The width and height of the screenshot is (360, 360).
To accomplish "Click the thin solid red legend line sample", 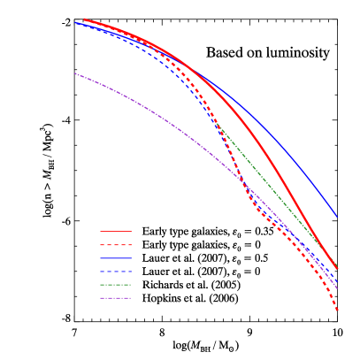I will (x=116, y=231).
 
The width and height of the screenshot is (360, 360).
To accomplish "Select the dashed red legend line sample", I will (x=116, y=245).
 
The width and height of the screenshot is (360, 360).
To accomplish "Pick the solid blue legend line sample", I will (x=116, y=258).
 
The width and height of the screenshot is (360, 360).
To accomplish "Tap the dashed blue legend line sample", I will (x=116, y=272).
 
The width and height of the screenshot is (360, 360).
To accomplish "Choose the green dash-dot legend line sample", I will (x=116, y=285).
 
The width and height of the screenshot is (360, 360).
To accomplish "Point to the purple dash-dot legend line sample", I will (x=116, y=298).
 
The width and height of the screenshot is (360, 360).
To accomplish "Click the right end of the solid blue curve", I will (x=337, y=216).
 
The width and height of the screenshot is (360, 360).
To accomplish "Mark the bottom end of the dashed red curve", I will (x=338, y=310).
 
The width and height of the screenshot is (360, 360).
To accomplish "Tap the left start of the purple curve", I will (x=75, y=73).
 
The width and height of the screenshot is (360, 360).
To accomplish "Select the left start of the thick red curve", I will (x=84, y=19).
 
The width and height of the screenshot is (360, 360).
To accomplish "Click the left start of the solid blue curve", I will (x=75, y=23).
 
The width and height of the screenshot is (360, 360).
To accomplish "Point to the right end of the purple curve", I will (x=338, y=288).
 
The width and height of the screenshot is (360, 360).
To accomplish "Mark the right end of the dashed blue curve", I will (x=338, y=283).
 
